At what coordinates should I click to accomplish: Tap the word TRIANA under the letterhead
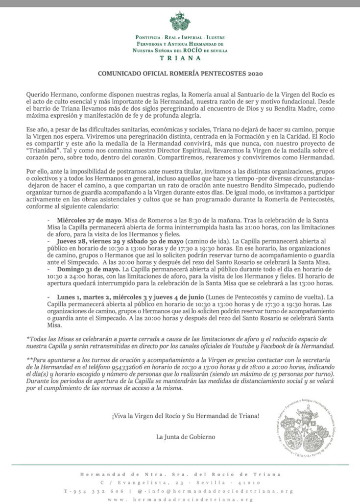[180, 57]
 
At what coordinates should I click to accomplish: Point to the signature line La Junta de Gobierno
[185, 437]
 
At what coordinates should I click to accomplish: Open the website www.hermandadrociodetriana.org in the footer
[180, 499]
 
